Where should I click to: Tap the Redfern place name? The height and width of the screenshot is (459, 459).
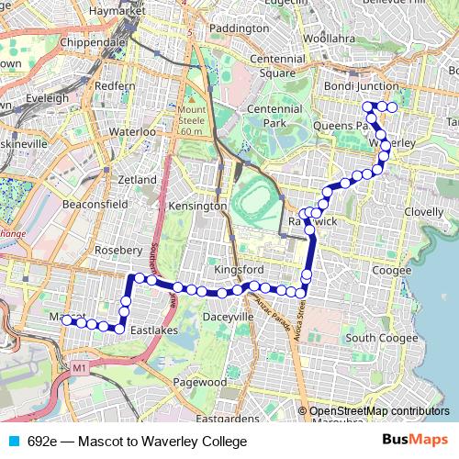click(115, 85)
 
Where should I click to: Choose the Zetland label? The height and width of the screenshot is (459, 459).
click(138, 180)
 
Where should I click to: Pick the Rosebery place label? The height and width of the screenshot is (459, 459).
click(118, 250)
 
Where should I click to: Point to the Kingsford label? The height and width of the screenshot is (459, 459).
click(238, 270)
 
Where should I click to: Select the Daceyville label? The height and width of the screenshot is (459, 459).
click(227, 316)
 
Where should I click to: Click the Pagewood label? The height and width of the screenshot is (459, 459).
click(199, 382)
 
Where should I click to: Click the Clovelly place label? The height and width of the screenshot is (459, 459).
click(421, 211)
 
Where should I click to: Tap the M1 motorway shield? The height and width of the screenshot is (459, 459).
click(80, 369)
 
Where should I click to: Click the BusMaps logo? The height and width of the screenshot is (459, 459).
click(415, 440)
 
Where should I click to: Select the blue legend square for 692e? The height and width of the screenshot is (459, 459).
click(12, 441)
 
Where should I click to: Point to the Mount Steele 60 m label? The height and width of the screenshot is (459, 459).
click(192, 120)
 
